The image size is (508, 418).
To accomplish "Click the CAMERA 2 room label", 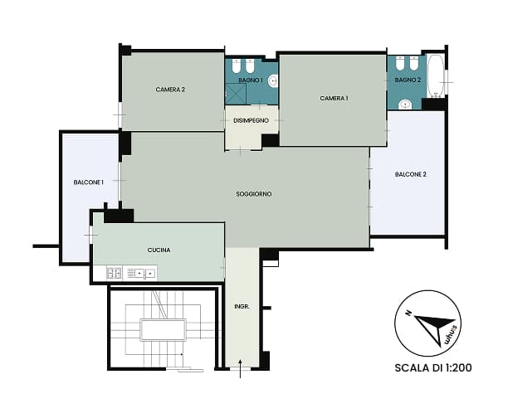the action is point(170,90).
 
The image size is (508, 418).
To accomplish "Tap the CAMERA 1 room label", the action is point(334,98).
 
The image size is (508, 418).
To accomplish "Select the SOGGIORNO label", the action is point(254,194).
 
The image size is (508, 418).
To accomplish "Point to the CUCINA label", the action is point(159,250).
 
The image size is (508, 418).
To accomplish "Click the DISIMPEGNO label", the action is point(251,120).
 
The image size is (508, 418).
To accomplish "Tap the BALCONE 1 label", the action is point(89,182).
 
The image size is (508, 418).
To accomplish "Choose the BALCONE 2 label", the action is point(411,174).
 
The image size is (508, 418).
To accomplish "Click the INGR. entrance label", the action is point(242,306).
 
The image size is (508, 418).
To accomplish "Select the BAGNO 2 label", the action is point(408,80).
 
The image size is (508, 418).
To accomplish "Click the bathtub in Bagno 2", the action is point(436,76).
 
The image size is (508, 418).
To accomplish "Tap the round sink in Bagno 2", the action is point(405,104).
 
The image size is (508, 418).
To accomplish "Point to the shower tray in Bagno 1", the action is point(236,94).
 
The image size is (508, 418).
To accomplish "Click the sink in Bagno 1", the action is point(273,81).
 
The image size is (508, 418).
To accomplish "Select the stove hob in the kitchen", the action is point(115,272).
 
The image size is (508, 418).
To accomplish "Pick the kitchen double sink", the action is point(140,273).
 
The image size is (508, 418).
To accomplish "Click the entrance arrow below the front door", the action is point(240,368).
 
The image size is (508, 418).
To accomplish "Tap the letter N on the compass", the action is point(408,313).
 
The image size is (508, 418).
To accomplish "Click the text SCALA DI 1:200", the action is point(433,367).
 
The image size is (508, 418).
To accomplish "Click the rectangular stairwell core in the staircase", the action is point(163,329).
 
